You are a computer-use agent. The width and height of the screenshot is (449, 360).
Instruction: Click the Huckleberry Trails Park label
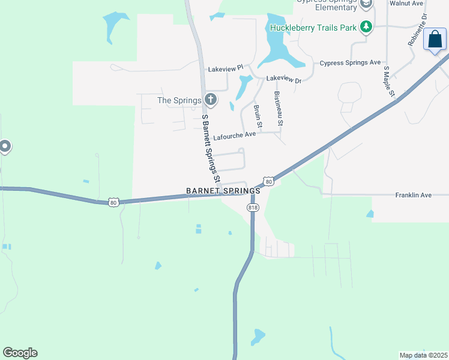[313, 28]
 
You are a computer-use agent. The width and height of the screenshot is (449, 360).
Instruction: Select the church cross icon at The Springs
[210, 100]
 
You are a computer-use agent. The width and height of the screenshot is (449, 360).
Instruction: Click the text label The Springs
[179, 100]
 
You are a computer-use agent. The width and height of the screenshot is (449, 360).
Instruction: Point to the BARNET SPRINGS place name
[223, 191]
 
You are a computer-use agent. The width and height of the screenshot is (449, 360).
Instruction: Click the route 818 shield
[253, 207]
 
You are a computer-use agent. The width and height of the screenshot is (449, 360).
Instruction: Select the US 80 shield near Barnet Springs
[268, 181]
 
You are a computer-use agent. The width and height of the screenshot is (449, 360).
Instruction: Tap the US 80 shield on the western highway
[113, 202]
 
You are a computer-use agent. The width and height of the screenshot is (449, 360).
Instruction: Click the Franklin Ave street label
[413, 196]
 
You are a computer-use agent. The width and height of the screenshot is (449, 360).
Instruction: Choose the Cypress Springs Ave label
[350, 63]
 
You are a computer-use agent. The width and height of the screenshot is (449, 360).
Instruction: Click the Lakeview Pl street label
[224, 69]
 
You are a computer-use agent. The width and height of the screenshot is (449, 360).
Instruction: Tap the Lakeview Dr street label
[283, 79]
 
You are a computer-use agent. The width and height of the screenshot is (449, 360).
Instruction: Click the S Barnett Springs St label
[210, 149]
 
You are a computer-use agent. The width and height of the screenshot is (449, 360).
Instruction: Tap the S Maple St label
[388, 82]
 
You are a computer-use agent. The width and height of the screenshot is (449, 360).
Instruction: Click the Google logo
[20, 353]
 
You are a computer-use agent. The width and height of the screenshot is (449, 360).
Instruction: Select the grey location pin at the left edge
[4, 146]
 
